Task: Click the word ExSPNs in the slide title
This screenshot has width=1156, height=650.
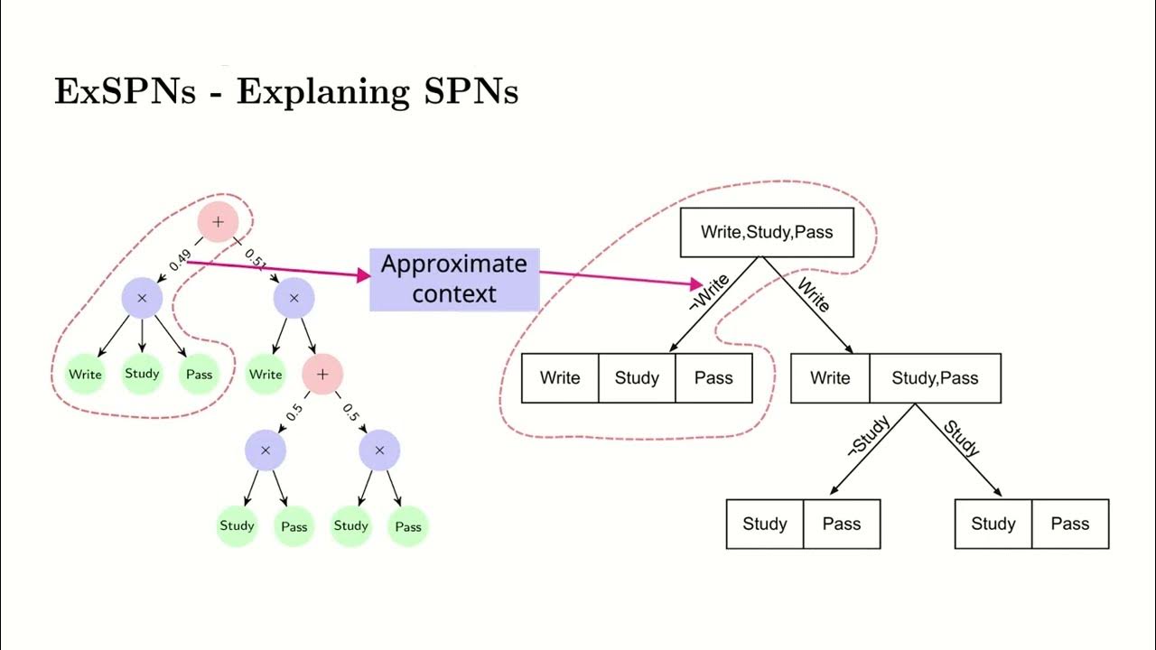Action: (125, 92)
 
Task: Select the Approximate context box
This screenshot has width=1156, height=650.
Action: (454, 280)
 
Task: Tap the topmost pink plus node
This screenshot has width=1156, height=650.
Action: (218, 222)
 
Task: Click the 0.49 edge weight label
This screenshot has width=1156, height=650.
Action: (180, 261)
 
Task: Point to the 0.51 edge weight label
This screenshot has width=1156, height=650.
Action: (256, 261)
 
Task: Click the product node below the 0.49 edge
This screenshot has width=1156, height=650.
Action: (142, 298)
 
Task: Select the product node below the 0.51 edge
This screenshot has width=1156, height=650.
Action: (294, 298)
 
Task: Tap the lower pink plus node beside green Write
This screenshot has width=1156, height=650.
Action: (322, 374)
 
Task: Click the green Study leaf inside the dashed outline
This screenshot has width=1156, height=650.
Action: (142, 374)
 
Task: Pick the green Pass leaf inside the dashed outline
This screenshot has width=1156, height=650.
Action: (199, 374)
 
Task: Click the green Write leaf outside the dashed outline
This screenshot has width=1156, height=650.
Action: (266, 374)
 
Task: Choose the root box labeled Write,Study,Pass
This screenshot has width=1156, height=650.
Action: (766, 232)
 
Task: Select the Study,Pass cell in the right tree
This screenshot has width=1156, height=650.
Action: (935, 378)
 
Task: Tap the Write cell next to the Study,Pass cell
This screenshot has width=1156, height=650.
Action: (830, 378)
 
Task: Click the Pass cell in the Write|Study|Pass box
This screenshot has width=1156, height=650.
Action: (713, 378)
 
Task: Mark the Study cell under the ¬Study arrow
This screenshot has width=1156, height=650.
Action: (765, 524)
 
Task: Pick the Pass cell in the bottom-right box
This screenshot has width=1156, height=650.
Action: (1069, 524)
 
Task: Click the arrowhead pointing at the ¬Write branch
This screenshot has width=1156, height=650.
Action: (696, 283)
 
